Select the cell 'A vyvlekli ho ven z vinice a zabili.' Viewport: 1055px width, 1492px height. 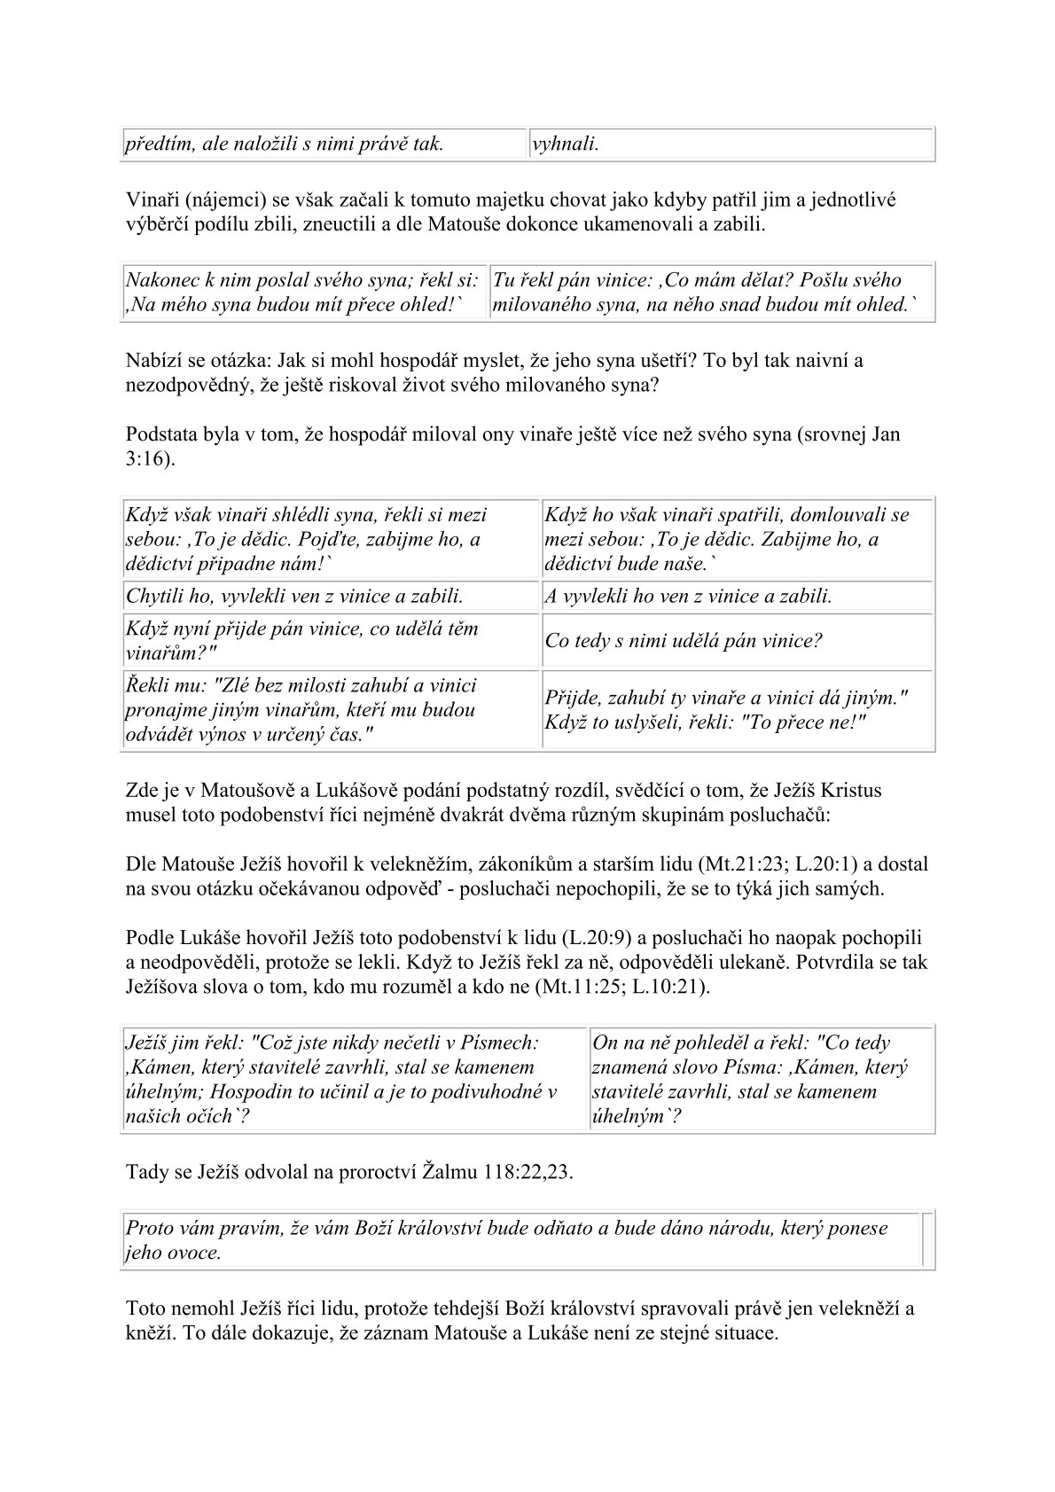(x=738, y=597)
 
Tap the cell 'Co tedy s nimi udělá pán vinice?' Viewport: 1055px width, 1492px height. (x=738, y=641)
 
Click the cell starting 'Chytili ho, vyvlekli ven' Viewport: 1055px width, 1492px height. (x=329, y=597)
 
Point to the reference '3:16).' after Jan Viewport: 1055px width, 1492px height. (x=152, y=459)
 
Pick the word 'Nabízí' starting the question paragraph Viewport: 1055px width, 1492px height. (x=152, y=361)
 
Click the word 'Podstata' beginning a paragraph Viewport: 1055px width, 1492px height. (x=161, y=434)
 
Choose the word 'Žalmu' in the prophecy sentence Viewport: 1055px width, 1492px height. (x=449, y=1172)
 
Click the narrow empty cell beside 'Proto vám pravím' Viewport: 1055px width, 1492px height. (x=927, y=1240)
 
